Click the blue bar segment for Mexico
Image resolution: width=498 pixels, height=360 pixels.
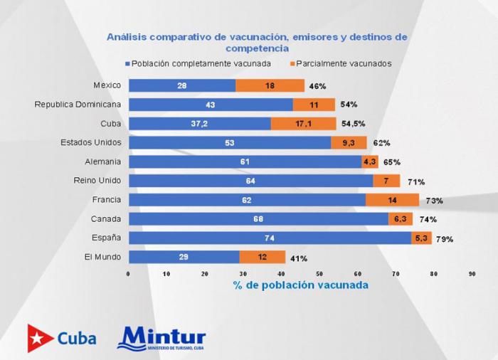[x=181, y=85]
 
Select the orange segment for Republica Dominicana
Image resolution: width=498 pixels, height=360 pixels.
[x=314, y=105]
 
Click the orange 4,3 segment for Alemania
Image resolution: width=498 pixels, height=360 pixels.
[x=371, y=162]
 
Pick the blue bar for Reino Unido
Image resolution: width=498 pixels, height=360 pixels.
[x=250, y=181]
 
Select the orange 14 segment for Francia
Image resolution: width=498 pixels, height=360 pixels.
[x=393, y=200]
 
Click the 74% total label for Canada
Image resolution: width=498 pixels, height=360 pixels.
[x=428, y=220]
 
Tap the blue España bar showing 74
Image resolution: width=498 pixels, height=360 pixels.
[x=270, y=238]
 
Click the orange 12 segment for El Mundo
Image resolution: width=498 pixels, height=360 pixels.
[x=262, y=257]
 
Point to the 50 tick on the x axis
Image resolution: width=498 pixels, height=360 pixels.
[x=320, y=273]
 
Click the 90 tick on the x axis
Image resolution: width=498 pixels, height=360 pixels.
[x=472, y=273]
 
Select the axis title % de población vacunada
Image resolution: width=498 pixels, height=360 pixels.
[x=300, y=285]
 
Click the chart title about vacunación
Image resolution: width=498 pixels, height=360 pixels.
[x=257, y=42]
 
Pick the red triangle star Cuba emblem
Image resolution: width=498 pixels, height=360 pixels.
[x=41, y=339]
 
